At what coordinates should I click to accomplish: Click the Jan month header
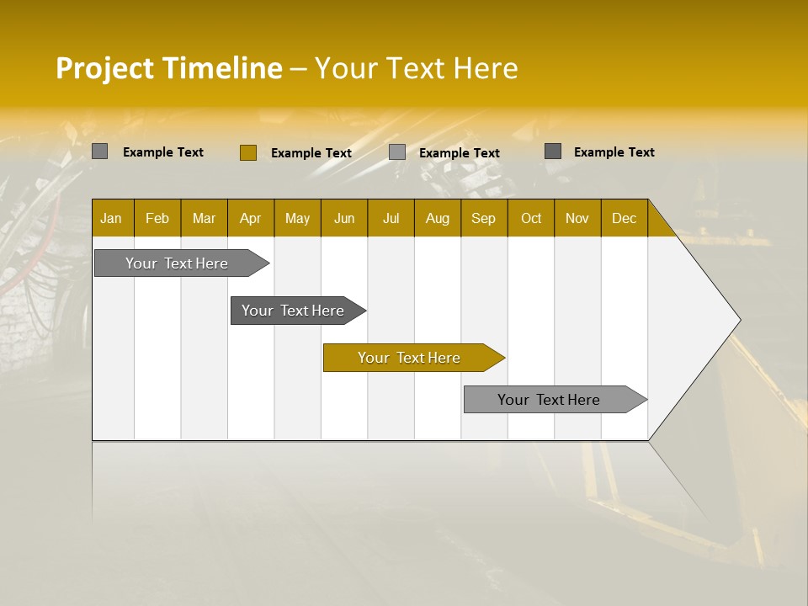tap(112, 218)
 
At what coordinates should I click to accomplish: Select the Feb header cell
tap(157, 218)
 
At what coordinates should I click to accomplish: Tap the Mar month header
tap(204, 218)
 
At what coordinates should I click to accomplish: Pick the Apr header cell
tap(251, 218)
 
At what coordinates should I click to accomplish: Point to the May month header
tap(297, 218)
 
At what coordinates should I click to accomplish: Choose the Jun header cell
tap(344, 218)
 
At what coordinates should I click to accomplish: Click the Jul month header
tap(391, 218)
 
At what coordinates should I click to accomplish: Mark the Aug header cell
tap(438, 218)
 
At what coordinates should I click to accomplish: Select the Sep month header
tap(484, 218)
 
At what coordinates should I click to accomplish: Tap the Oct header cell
tap(531, 218)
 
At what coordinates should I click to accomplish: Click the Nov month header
tap(577, 218)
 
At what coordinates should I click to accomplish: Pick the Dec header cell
tap(625, 218)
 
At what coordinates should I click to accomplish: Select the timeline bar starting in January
tap(178, 263)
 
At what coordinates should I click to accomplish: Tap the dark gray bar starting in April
tap(294, 311)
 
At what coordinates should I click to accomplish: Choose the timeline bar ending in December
tap(550, 400)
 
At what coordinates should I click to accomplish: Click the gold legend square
tap(247, 152)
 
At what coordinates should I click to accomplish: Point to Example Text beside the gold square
tap(311, 153)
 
